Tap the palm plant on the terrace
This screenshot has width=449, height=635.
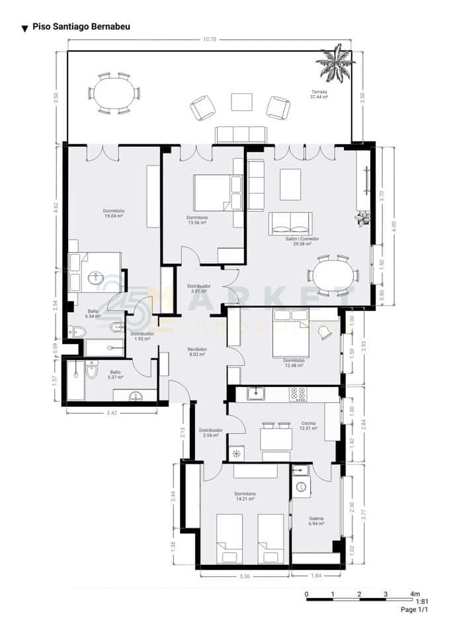coord(335,62)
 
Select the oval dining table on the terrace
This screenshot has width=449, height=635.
coord(114,93)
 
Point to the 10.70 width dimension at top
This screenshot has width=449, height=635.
coord(210,40)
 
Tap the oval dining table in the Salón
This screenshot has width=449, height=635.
coord(333,275)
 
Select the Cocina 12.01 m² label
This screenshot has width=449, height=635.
coord(307,425)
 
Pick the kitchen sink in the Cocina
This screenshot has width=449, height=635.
coord(255,394)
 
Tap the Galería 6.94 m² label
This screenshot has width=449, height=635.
coord(316,521)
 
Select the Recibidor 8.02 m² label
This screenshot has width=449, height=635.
coord(198,351)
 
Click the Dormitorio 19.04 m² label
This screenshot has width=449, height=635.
coord(114,213)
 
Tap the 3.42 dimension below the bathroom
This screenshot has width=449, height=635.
coord(111,413)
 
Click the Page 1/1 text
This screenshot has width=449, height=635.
coord(415,610)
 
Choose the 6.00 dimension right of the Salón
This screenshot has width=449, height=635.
coord(394,225)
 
